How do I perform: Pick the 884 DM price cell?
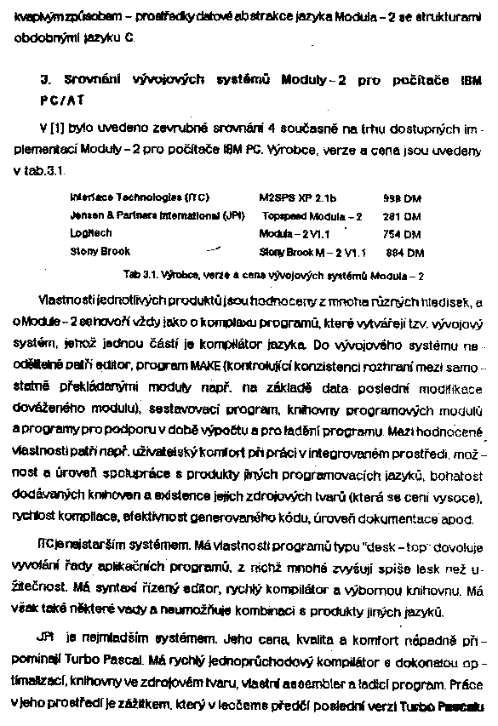405,252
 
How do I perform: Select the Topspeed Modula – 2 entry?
312,216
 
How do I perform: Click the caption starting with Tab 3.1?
273,276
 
